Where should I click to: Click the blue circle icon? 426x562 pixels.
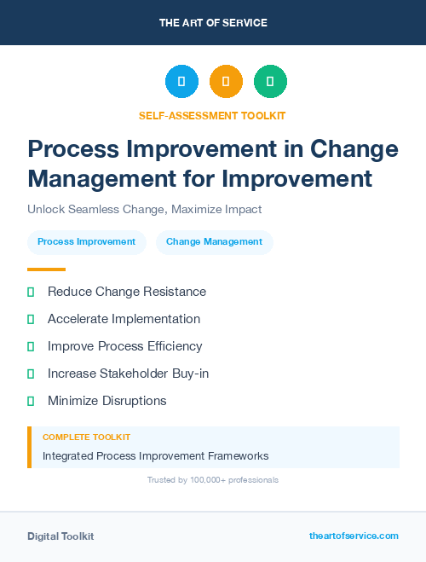[x=181, y=81]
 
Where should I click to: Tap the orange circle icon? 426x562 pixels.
[x=226, y=81]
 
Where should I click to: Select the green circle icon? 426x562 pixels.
[x=270, y=81]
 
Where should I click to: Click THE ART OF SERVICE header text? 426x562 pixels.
[x=213, y=23]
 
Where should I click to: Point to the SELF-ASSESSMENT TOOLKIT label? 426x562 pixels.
[x=212, y=115]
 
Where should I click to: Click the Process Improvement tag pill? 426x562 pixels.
[x=87, y=242]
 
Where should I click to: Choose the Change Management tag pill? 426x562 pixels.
[x=214, y=242]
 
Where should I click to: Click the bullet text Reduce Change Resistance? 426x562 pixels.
[x=127, y=292]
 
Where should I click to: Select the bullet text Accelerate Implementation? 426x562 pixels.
[x=124, y=319]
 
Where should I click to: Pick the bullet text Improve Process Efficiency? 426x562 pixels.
[x=125, y=346]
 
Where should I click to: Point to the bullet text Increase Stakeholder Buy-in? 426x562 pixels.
[x=128, y=374]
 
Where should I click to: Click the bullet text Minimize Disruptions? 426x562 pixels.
[x=107, y=401]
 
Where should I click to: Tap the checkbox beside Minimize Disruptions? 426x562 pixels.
[x=31, y=401]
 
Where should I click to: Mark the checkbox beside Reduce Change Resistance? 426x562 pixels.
[x=31, y=292]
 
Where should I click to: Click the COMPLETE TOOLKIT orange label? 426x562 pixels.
[x=86, y=437]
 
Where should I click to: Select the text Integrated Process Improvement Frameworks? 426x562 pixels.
[x=156, y=456]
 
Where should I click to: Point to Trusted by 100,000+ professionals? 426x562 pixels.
[x=213, y=480]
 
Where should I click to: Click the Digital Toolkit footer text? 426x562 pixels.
[x=60, y=536]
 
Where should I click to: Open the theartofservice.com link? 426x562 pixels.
[x=354, y=536]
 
